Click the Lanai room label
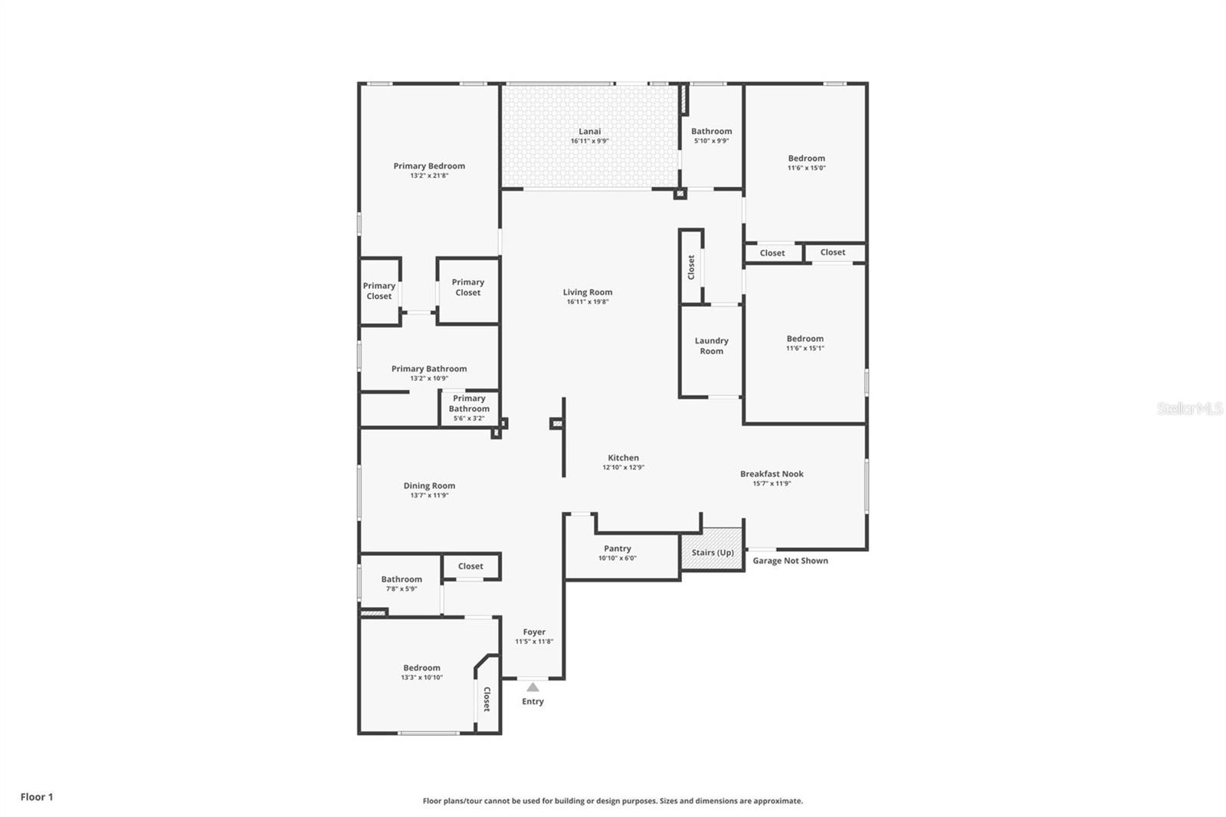[589, 131]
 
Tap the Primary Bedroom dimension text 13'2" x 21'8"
[429, 176]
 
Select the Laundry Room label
[711, 346]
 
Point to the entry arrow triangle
[533, 687]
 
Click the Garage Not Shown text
[790, 560]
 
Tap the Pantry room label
[617, 548]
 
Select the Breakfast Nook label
[772, 474]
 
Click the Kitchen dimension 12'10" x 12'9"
[623, 468]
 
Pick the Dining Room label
[429, 485]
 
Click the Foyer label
[534, 632]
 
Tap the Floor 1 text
[37, 797]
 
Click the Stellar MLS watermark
[1189, 408]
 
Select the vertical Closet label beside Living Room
[691, 267]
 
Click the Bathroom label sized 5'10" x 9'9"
[711, 131]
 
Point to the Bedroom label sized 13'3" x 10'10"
[421, 668]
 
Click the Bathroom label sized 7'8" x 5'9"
[402, 579]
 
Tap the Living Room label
[588, 292]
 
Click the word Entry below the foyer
[533, 701]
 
